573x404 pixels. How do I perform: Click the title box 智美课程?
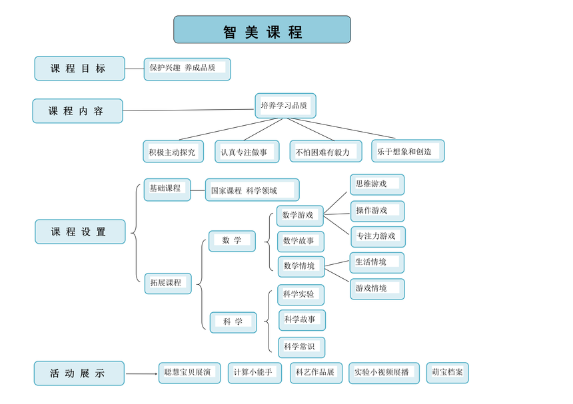click(x=262, y=29)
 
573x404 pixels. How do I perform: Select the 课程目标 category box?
click(x=80, y=69)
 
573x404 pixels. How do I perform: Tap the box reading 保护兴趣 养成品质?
click(x=187, y=69)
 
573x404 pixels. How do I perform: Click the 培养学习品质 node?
click(x=285, y=106)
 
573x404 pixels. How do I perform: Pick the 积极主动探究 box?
click(x=173, y=152)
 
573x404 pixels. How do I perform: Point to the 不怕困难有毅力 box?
click(x=326, y=152)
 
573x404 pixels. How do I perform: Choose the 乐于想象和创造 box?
click(x=408, y=150)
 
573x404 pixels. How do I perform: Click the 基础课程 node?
click(x=167, y=190)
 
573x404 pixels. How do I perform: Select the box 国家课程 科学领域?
click(x=252, y=190)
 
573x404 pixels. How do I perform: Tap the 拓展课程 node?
click(x=168, y=284)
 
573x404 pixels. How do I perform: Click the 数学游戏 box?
click(x=300, y=216)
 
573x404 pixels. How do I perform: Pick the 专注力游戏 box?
click(x=378, y=237)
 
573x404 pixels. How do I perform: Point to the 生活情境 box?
click(x=377, y=263)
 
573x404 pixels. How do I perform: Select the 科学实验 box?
click(x=300, y=295)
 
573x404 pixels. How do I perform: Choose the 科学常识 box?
click(x=301, y=347)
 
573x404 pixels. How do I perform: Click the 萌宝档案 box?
click(x=447, y=373)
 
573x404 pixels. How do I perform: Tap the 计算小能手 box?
click(x=255, y=373)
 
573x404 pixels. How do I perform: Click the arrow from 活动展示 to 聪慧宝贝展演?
click(x=141, y=373)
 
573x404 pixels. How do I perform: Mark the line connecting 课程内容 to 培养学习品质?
click(x=188, y=110)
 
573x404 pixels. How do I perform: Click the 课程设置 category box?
click(x=80, y=232)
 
